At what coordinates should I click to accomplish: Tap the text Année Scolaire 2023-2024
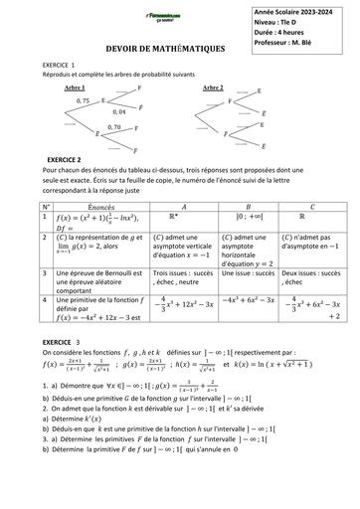[306, 8]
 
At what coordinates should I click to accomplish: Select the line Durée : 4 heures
[291, 31]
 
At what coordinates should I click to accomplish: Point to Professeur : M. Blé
[299, 42]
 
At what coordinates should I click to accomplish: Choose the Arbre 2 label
[213, 87]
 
